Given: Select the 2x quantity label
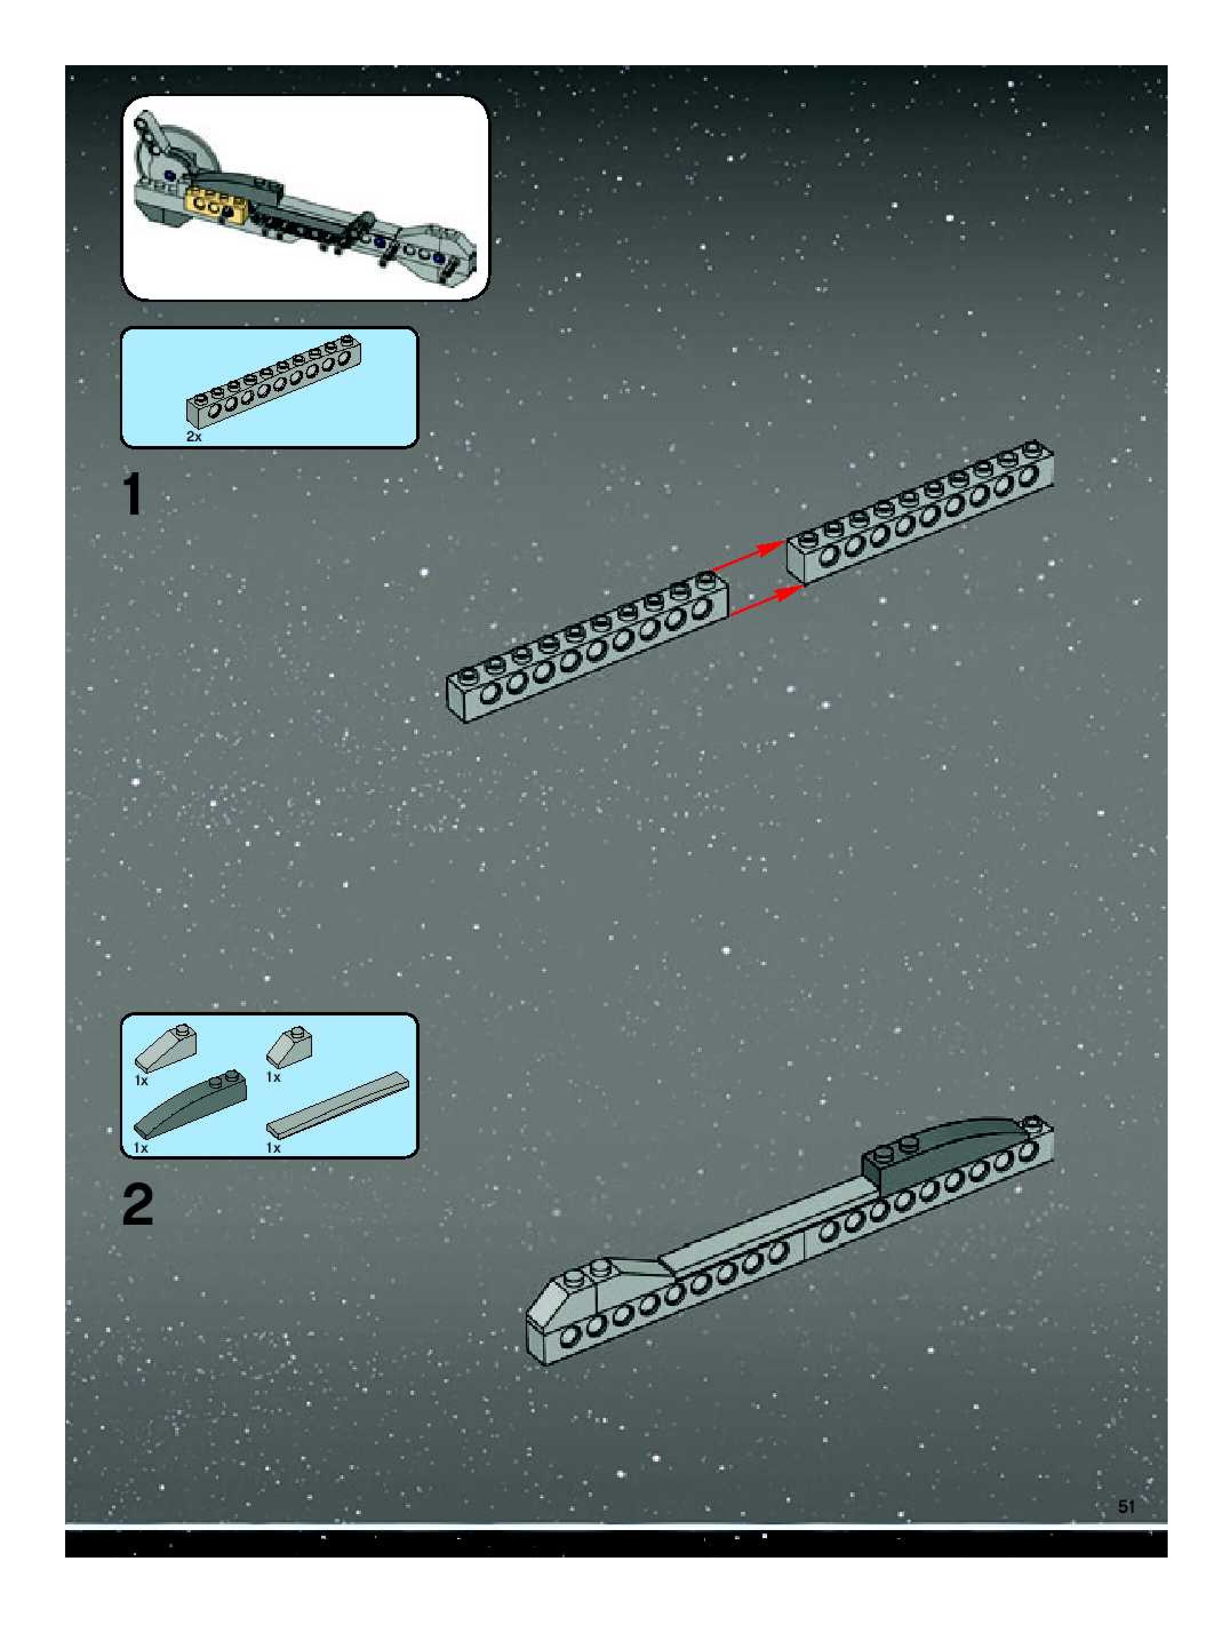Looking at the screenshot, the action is pyautogui.click(x=194, y=436).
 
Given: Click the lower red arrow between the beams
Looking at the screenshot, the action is pyautogui.click(x=766, y=600).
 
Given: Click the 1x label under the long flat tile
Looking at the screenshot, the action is pyautogui.click(x=273, y=1148).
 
